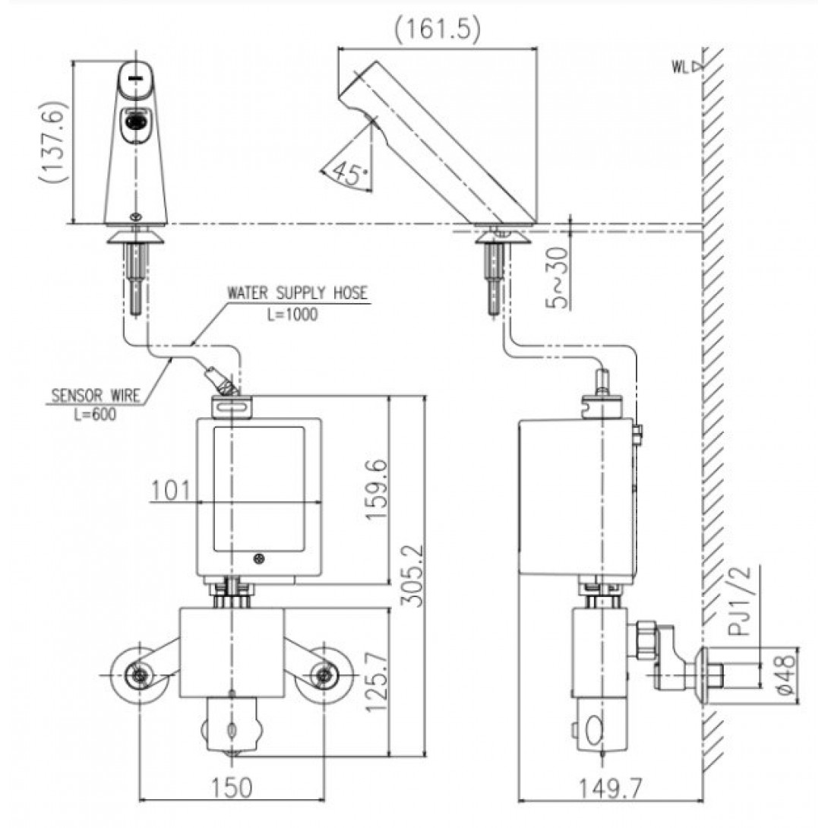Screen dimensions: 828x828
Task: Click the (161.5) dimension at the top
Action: [x=438, y=29]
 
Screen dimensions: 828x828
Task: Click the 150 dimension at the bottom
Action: [x=231, y=788]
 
